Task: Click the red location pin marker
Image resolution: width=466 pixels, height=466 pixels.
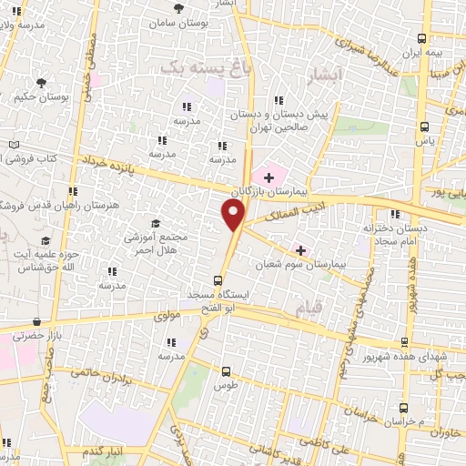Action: point(233,215)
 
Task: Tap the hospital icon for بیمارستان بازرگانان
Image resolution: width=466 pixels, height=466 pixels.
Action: point(268,175)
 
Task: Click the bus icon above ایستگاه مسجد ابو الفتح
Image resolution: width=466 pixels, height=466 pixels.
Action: point(219,280)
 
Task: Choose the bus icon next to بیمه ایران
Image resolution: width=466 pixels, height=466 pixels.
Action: point(421,38)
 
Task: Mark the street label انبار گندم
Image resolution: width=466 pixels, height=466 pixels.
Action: point(102,452)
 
